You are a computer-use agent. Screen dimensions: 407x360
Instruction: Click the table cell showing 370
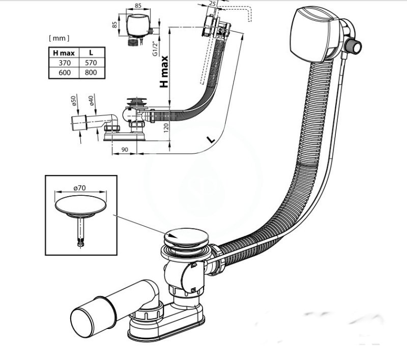[x=65, y=63]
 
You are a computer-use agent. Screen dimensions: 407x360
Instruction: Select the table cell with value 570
[x=91, y=63]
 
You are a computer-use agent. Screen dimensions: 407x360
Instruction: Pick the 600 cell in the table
[x=65, y=72]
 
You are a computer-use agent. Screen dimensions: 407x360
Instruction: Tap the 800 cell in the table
[x=91, y=72]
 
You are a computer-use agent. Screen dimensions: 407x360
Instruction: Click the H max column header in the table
[x=64, y=53]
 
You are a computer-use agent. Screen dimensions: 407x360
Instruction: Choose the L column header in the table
[x=91, y=53]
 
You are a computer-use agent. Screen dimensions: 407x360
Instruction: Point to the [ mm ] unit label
[x=59, y=38]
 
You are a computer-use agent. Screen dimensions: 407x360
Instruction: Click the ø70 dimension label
[x=79, y=188]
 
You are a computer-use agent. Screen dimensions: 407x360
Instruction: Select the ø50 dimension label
[x=73, y=101]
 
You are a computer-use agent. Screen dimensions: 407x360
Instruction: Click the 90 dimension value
[x=125, y=149]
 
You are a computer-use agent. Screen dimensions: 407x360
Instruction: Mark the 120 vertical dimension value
[x=166, y=128]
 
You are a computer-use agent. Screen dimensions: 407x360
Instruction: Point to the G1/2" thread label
[x=155, y=48]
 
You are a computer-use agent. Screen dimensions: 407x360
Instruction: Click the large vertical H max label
[x=164, y=72]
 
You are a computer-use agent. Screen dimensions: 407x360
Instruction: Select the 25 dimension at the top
[x=212, y=4]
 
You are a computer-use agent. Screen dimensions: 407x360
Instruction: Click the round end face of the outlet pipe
[x=82, y=323]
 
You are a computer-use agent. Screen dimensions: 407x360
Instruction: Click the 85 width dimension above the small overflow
[x=138, y=6]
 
